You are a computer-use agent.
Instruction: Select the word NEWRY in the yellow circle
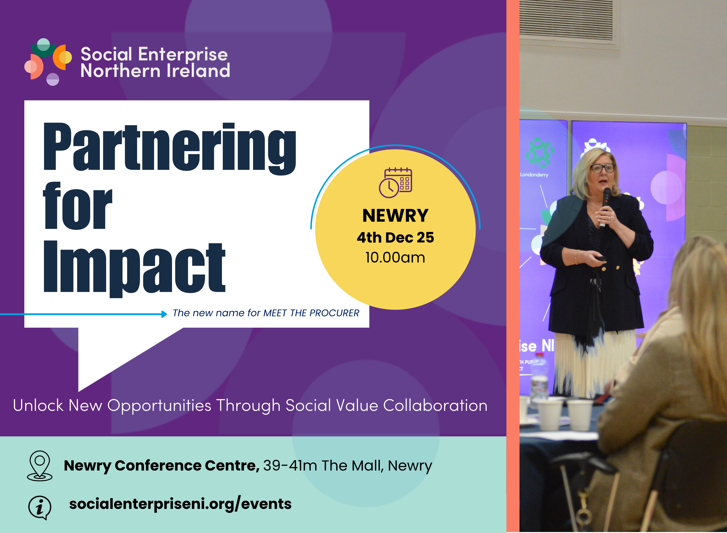point(395,216)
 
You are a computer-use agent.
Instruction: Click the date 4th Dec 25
point(395,238)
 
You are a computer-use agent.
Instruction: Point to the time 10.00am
point(395,257)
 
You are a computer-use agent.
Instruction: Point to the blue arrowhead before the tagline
point(164,314)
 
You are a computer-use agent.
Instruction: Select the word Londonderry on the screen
point(534,175)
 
